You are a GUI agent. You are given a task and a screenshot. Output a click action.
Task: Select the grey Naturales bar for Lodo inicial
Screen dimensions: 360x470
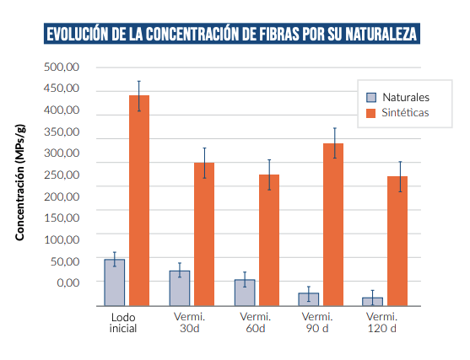point(114,282)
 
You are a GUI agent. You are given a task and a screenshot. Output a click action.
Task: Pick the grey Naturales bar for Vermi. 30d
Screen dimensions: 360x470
point(180,288)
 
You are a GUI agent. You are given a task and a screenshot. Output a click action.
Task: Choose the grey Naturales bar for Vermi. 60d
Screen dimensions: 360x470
point(245,293)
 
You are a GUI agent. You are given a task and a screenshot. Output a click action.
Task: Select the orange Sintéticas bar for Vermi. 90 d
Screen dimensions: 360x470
point(334,224)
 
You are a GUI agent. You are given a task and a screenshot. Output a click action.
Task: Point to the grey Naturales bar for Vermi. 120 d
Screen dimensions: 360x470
point(373,301)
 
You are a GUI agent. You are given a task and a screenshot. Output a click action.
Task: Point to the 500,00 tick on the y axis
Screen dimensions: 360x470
point(62,67)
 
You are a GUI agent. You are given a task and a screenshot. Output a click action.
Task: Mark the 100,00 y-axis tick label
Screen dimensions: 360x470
point(62,239)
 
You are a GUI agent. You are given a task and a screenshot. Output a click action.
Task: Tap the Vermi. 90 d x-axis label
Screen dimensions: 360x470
point(317,322)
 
